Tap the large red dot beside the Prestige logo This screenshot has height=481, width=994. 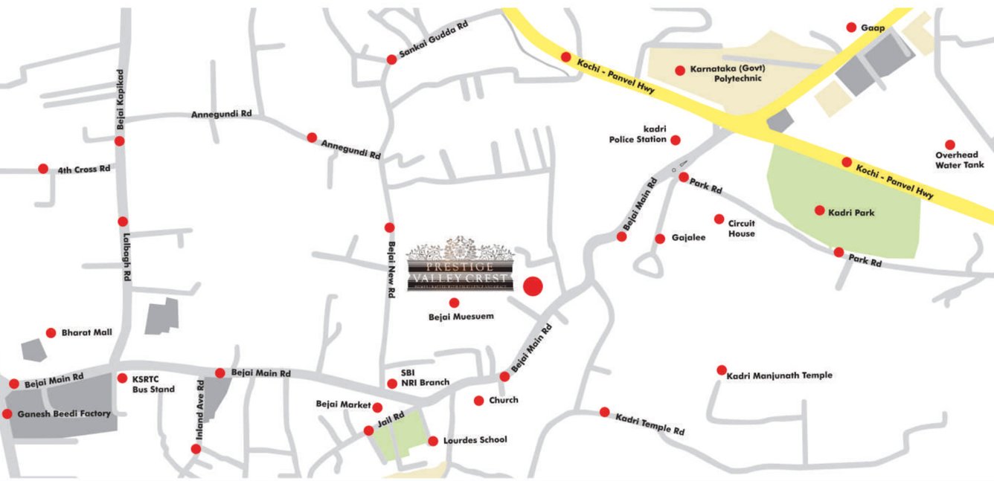click(533, 286)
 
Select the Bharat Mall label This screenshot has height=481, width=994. click(87, 332)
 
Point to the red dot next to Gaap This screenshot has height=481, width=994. click(851, 28)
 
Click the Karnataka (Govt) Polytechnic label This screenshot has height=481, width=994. click(727, 73)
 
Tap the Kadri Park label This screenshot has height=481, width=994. click(851, 213)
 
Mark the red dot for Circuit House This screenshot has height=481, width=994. click(719, 219)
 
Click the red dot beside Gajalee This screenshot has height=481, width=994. click(660, 239)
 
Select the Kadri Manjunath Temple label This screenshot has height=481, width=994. click(779, 375)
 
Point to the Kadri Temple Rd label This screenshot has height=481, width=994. click(650, 424)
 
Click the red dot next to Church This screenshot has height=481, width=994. click(479, 401)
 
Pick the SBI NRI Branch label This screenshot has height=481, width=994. click(425, 378)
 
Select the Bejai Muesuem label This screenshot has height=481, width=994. click(461, 317)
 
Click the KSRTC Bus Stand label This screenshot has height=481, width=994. click(153, 383)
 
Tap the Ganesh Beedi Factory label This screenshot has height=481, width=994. click(64, 413)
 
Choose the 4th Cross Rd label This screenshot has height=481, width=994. click(84, 169)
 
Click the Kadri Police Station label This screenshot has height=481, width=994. click(638, 134)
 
